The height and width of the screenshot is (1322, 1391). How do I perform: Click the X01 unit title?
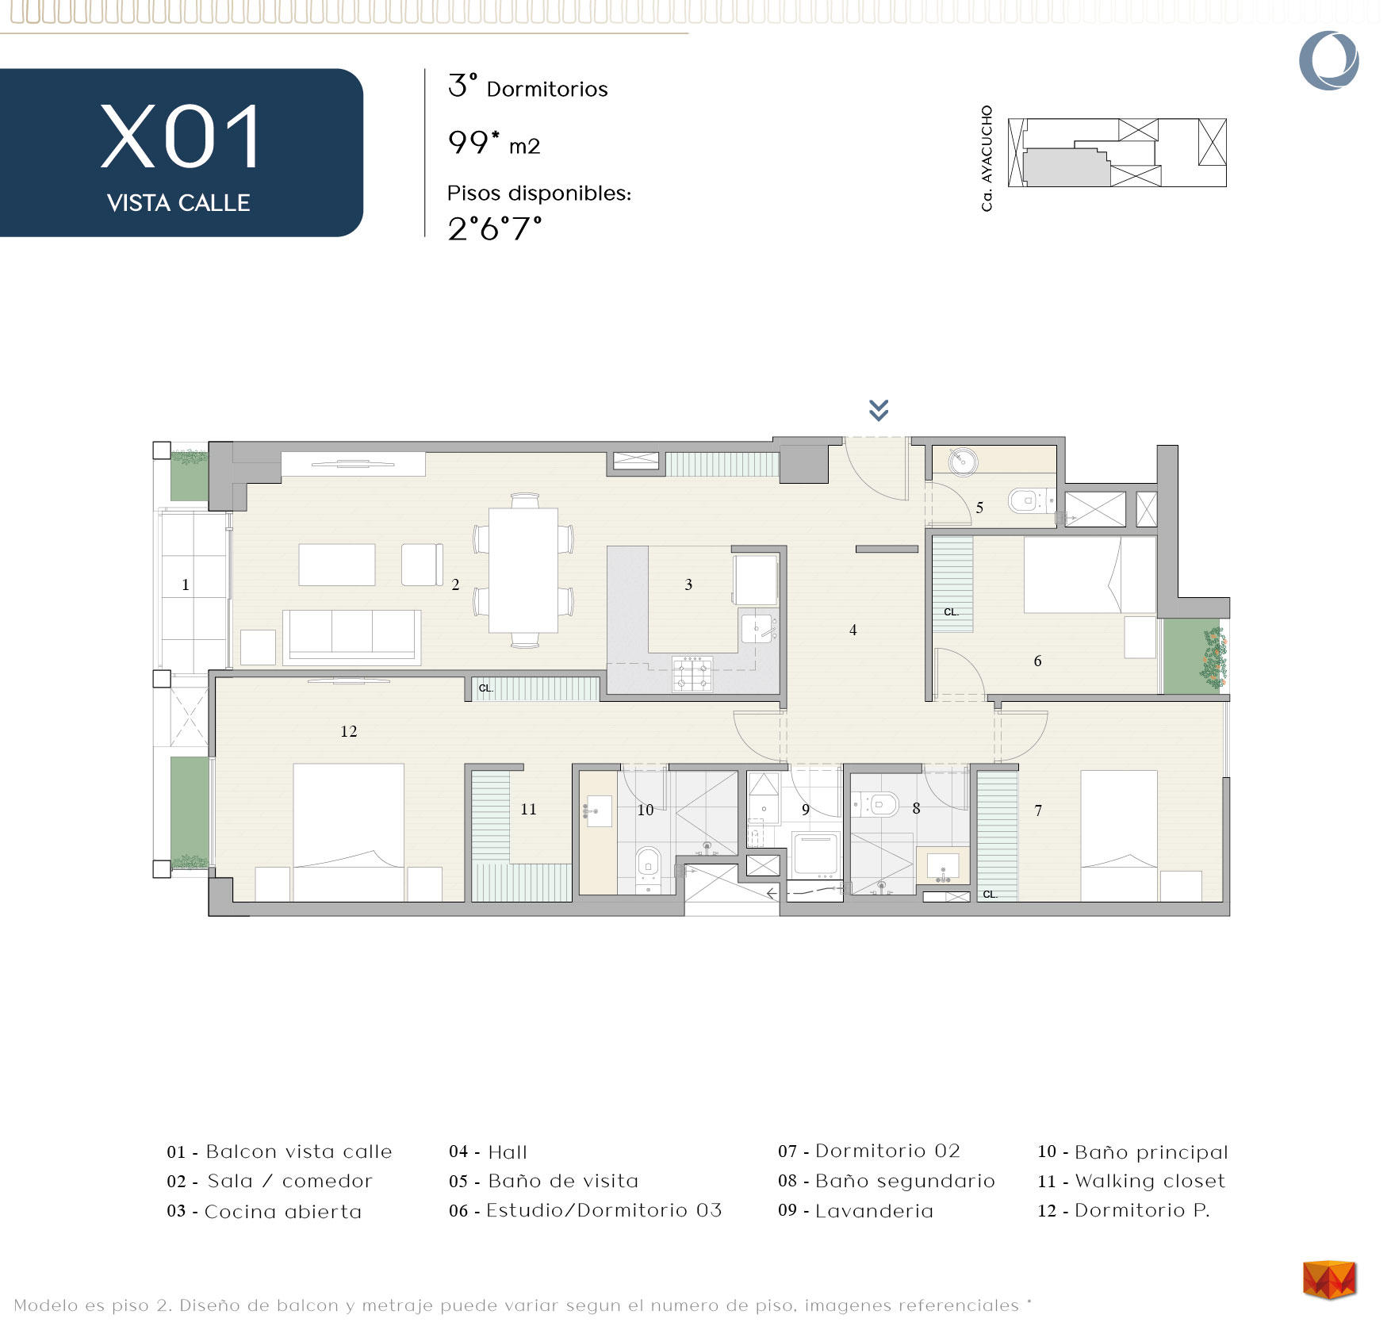181,138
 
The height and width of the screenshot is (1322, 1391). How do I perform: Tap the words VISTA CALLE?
178,203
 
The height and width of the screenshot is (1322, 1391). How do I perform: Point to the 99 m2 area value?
494,144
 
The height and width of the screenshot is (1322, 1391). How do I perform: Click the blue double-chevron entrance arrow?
879,410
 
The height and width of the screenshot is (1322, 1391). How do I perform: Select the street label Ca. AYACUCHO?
987,159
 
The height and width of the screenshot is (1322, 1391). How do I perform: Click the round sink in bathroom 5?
963,461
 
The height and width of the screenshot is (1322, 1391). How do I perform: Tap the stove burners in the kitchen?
692,673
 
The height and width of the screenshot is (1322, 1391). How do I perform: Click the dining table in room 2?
523,570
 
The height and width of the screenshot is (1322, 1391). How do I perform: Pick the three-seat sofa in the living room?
352,637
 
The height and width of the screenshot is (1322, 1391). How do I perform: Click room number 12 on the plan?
349,731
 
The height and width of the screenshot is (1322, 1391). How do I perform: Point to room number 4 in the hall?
853,630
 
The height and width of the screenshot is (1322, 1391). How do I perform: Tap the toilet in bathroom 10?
649,864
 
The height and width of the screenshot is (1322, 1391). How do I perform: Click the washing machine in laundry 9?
816,855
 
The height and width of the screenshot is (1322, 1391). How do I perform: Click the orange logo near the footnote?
1329,1280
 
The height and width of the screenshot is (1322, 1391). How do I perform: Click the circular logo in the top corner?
1329,60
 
